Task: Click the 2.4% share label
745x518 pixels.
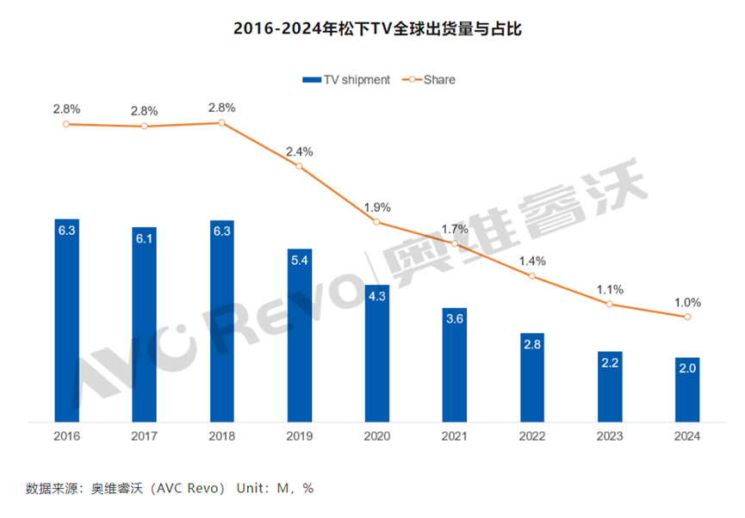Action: pyautogui.click(x=299, y=151)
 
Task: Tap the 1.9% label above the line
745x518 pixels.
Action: pyautogui.click(x=376, y=207)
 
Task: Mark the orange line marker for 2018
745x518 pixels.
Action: pyautogui.click(x=221, y=123)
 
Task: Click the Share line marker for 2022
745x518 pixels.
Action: pyautogui.click(x=531, y=276)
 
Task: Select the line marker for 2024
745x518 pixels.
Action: pyautogui.click(x=686, y=317)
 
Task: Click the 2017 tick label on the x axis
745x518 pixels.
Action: pyautogui.click(x=144, y=436)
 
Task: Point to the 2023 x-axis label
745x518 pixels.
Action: pyautogui.click(x=609, y=436)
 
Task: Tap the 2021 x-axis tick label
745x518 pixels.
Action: pyautogui.click(x=454, y=436)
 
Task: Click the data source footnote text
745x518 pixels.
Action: pyautogui.click(x=170, y=488)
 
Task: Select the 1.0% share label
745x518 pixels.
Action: pyautogui.click(x=686, y=302)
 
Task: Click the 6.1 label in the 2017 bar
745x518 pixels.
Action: pyautogui.click(x=144, y=237)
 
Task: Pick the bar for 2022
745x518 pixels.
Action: pyautogui.click(x=531, y=379)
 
